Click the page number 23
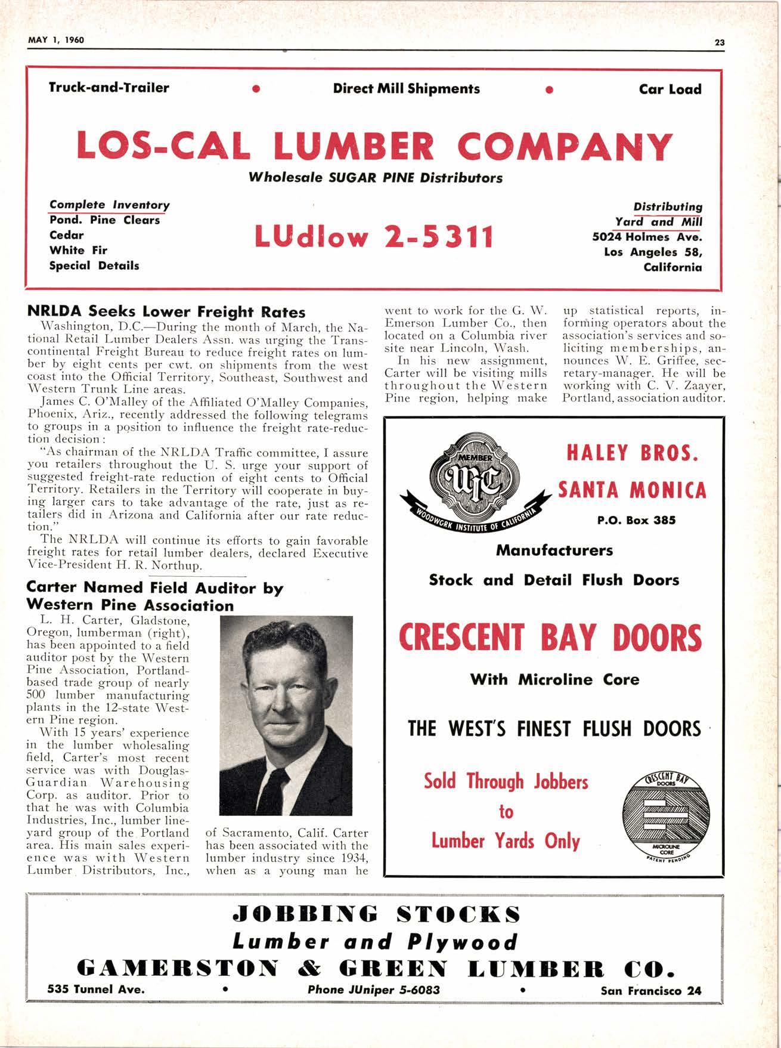coord(719,42)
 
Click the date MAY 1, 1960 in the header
coord(56,40)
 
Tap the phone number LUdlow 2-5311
coord(374,236)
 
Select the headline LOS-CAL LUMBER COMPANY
coord(374,146)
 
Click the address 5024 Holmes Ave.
coord(647,237)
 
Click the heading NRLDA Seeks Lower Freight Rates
coord(166,312)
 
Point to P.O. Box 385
coord(636,520)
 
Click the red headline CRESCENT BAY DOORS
coord(550,638)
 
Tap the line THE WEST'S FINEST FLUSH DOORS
coord(554,728)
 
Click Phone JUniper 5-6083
coord(374,990)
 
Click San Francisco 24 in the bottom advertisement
coord(651,991)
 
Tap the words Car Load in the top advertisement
coord(670,89)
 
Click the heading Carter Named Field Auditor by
coord(155,588)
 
